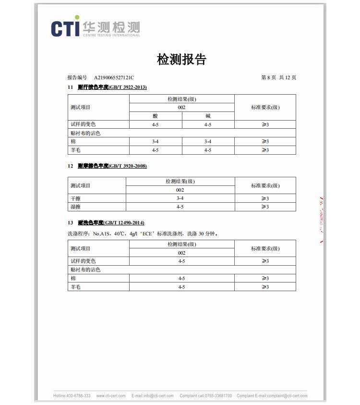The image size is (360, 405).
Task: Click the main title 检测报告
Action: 181,60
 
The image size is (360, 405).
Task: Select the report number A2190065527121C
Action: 114,77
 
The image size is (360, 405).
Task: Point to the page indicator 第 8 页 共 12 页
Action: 278,77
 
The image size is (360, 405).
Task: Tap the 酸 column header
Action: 155,116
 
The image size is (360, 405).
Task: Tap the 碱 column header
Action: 208,116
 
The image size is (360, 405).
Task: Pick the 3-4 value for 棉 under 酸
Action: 155,142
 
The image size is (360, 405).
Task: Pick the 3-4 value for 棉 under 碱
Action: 208,142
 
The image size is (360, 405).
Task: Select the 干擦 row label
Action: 75,198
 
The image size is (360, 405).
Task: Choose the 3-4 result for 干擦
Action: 180,198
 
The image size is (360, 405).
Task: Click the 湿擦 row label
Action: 75,207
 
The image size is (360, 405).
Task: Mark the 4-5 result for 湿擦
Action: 180,207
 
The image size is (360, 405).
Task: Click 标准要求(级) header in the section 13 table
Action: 265,248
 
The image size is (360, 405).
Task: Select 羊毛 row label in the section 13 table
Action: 75,287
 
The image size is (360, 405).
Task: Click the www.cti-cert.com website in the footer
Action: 111,396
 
